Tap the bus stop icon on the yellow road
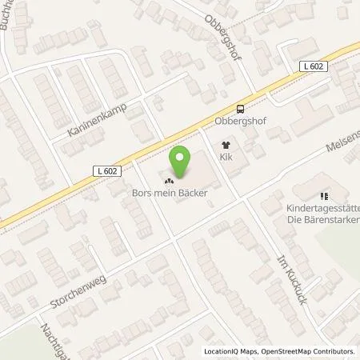(240, 110)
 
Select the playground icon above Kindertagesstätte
(324, 194)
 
